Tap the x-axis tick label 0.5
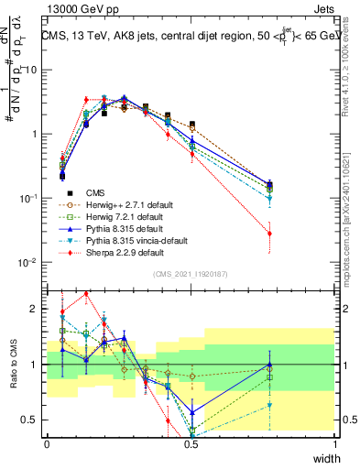(191, 443)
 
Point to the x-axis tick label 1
(335, 443)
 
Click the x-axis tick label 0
(48, 443)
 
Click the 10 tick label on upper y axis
(33, 70)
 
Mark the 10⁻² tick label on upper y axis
(30, 263)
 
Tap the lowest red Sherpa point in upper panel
(269, 234)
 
